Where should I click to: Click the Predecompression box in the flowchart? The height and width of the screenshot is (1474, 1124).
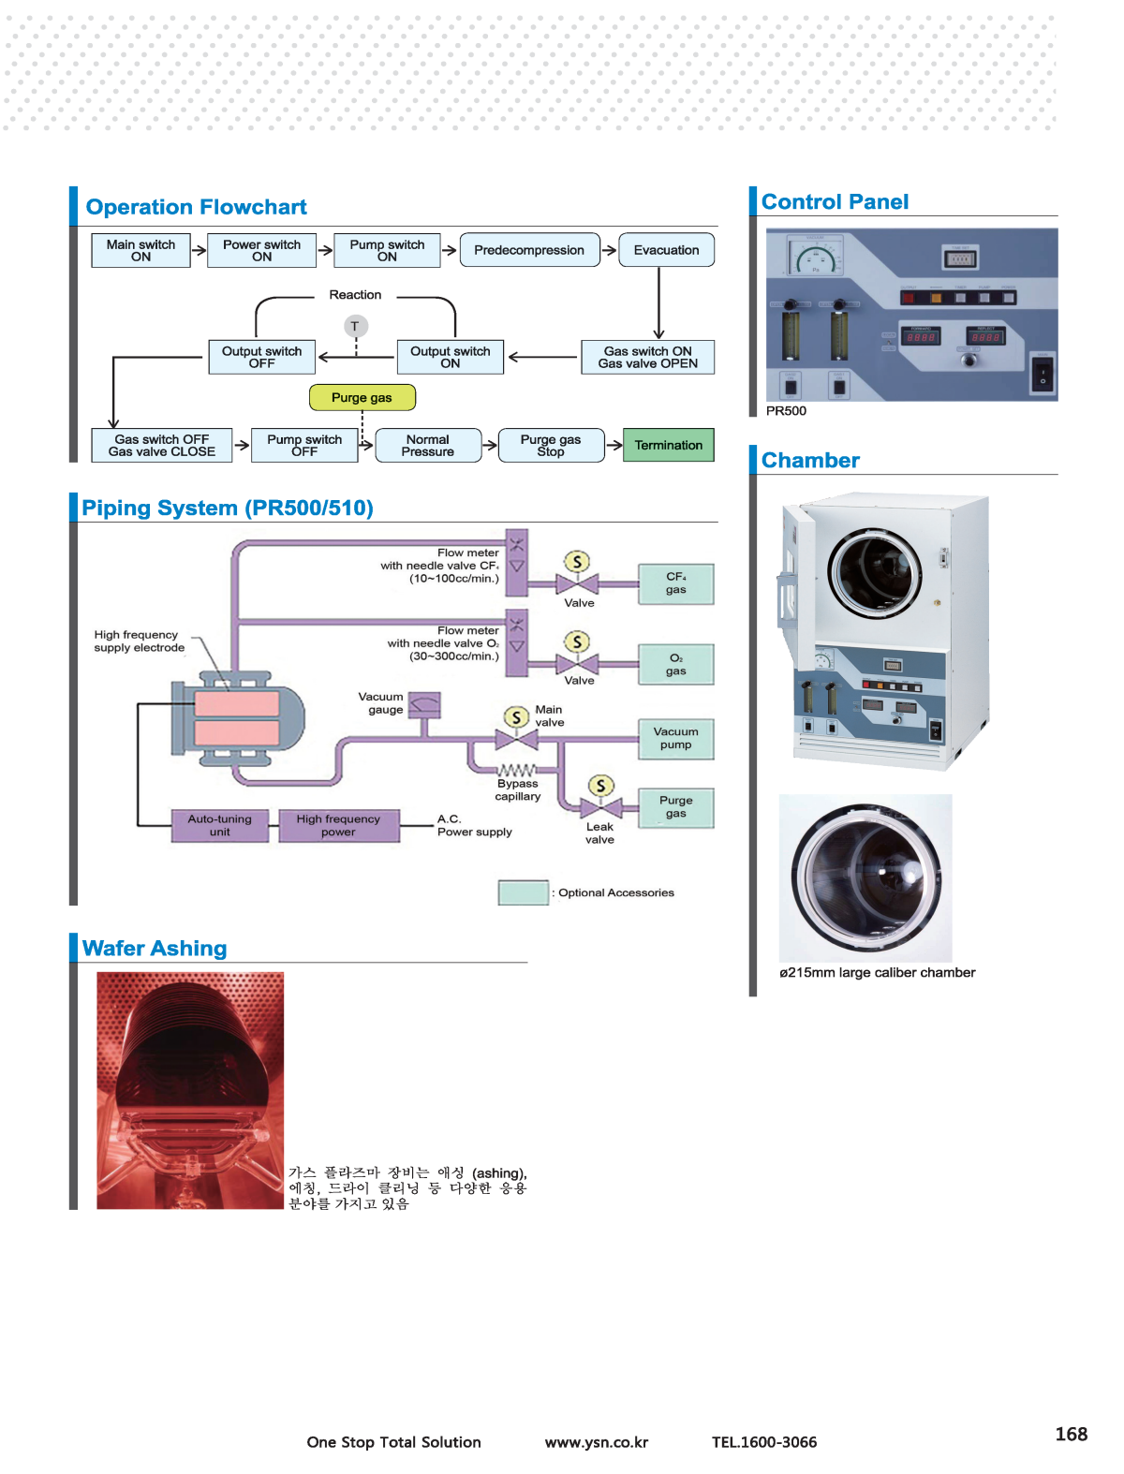pyautogui.click(x=529, y=250)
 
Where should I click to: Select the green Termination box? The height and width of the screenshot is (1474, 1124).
pyautogui.click(x=668, y=445)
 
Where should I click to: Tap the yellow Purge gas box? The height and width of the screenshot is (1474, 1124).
pyautogui.click(x=362, y=397)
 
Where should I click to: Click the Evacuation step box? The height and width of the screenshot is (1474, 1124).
pyautogui.click(x=666, y=250)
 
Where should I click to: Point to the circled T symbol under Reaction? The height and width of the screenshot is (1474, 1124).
pyautogui.click(x=355, y=326)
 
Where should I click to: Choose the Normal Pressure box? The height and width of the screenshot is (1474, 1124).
pyautogui.click(x=428, y=446)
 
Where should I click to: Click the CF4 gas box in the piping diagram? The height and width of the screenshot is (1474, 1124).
pyautogui.click(x=675, y=583)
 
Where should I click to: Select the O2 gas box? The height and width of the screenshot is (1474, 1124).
pyautogui.click(x=675, y=664)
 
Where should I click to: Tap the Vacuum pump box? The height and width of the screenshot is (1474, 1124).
pyautogui.click(x=675, y=738)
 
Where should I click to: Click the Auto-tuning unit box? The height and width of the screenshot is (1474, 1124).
pyautogui.click(x=219, y=825)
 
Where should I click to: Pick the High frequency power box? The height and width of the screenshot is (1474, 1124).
pyautogui.click(x=338, y=825)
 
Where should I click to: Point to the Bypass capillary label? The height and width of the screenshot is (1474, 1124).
pyautogui.click(x=518, y=789)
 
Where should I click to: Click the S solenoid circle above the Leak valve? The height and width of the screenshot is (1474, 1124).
pyautogui.click(x=600, y=786)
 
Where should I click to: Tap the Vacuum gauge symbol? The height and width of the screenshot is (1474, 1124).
pyautogui.click(x=425, y=705)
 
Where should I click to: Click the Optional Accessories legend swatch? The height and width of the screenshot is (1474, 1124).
pyautogui.click(x=523, y=892)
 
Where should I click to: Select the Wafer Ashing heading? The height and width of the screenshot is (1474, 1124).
pyautogui.click(x=155, y=948)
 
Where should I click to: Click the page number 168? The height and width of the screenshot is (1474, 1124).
pyautogui.click(x=1071, y=1434)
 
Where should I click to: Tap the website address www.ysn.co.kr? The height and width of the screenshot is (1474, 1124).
pyautogui.click(x=597, y=1442)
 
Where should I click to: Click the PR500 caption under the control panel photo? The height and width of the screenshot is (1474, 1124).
pyautogui.click(x=786, y=410)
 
